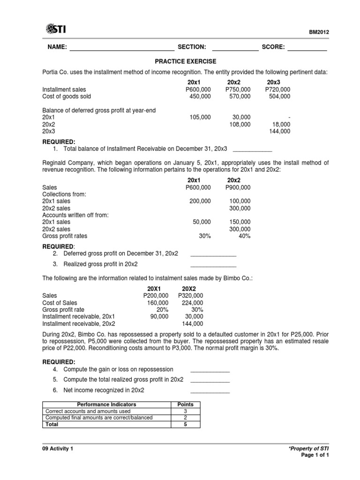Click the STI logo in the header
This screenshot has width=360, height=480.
coord(56,30)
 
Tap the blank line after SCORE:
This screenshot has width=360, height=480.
coord(307,48)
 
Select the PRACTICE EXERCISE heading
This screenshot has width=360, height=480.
coord(186,61)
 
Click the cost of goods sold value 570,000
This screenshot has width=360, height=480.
coord(238,96)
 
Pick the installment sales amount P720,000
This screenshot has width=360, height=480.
coord(277,89)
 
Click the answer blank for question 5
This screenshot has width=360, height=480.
coord(210,381)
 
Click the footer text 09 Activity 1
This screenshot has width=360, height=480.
coord(58,449)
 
